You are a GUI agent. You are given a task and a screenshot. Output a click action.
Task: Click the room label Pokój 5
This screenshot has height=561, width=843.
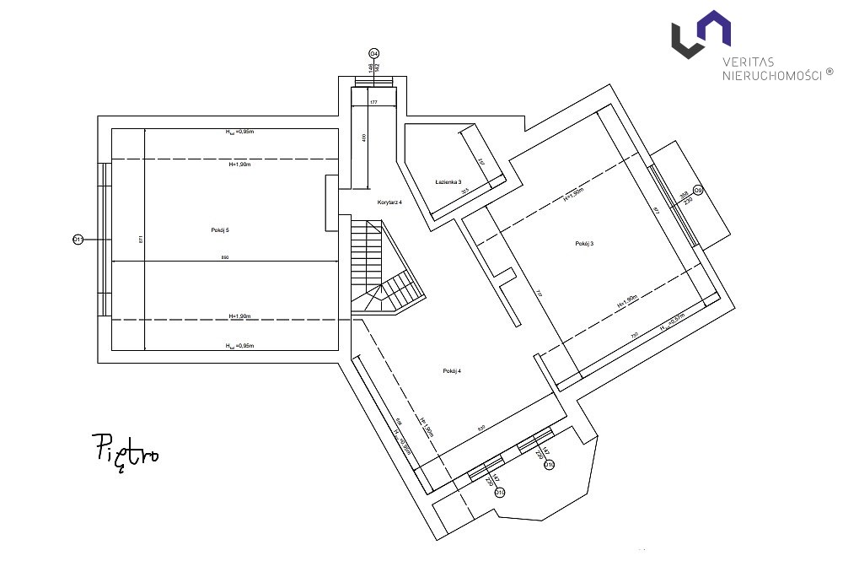click(x=220, y=230)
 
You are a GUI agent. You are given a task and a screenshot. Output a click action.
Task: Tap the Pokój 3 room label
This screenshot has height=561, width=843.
click(x=584, y=244)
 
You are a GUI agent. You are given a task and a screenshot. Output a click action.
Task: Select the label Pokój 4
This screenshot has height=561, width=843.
click(x=452, y=371)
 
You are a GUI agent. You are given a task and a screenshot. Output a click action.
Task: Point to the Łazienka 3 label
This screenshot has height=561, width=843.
click(x=448, y=182)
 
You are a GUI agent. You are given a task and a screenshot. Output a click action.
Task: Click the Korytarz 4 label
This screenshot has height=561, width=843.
click(x=389, y=204)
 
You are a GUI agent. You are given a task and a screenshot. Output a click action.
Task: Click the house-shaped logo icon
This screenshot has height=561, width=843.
click(x=700, y=34)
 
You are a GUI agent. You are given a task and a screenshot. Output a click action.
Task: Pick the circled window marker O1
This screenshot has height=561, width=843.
click(x=78, y=240)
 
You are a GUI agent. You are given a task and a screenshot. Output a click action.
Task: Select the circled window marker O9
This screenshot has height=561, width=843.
click(x=697, y=191)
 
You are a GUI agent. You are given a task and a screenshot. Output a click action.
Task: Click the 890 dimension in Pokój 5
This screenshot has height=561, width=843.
click(x=224, y=257)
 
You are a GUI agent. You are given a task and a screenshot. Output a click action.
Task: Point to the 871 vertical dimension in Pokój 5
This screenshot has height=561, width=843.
click(x=141, y=240)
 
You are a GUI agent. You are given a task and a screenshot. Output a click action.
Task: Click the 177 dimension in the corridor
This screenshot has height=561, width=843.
click(x=373, y=102)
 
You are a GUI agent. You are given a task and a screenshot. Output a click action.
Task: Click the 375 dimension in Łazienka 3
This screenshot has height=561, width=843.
click(x=464, y=191)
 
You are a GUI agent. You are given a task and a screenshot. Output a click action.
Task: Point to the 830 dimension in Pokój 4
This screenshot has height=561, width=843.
click(x=481, y=429)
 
